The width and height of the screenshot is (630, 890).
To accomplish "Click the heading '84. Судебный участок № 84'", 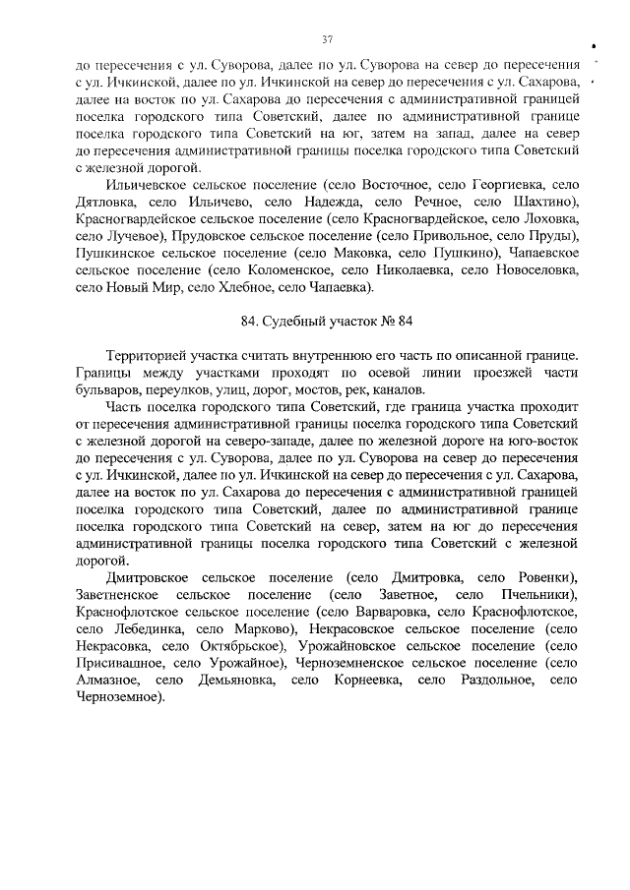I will (326, 321).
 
